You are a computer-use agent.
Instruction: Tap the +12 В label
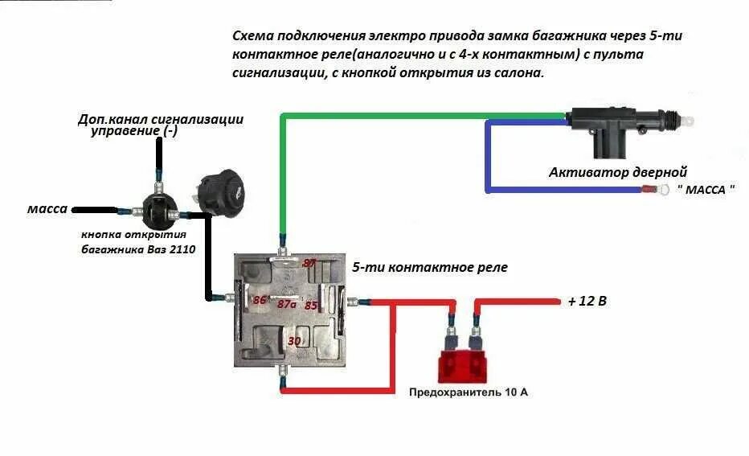coord(587,302)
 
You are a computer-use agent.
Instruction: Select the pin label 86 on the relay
coord(260,300)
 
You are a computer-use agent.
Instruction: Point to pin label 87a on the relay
coord(287,304)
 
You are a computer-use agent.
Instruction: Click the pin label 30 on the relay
coord(294,341)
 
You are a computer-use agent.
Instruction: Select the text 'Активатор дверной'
coord(617,172)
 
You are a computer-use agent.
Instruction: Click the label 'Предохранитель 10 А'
coord(468,392)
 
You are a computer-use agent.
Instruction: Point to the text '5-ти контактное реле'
coord(430,267)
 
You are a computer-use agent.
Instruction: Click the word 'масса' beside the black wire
coord(47,208)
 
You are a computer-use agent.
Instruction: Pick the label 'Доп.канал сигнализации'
coord(161,119)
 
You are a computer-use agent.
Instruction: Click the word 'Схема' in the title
coord(253,36)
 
